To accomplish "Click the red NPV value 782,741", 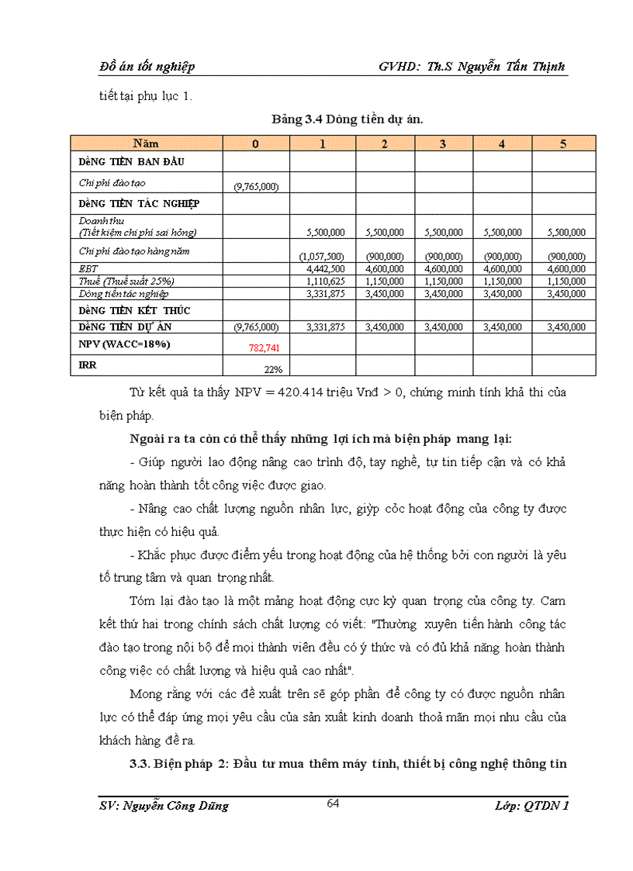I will (x=264, y=348).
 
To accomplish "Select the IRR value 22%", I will (x=272, y=369).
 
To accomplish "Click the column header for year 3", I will (x=443, y=143).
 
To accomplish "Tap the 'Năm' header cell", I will (x=146, y=143).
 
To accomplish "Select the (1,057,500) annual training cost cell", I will (x=322, y=257).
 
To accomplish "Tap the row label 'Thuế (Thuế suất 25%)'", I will (x=126, y=282).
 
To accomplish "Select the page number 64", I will (x=333, y=803).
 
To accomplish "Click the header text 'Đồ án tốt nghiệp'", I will (x=147, y=67).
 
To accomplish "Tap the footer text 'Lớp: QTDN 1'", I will (x=531, y=806).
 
